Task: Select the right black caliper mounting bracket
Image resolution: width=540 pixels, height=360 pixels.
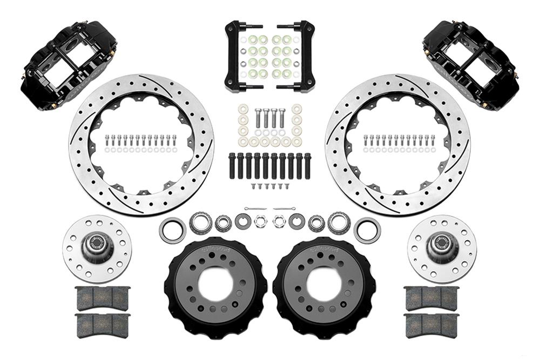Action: [x=301, y=56]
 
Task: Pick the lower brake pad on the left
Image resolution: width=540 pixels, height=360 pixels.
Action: [x=103, y=325]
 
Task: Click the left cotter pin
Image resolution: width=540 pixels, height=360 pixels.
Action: [x=255, y=208]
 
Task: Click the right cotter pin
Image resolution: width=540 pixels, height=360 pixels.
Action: [x=284, y=208]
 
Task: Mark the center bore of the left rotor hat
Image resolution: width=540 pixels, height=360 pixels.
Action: [x=215, y=284]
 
